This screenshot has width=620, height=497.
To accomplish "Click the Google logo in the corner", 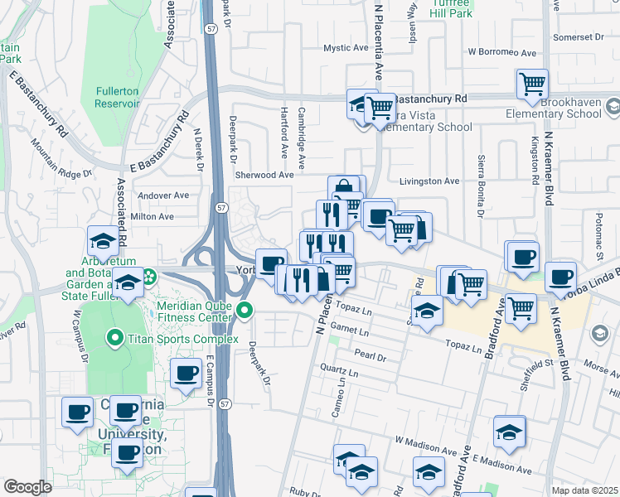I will point(27,487).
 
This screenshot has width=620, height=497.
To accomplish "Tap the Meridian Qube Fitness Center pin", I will point(245,311).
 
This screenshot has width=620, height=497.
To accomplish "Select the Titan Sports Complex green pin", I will point(114,338).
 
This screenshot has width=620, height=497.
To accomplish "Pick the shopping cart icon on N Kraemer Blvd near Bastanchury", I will point(532,83).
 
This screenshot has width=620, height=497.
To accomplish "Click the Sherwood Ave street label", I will point(264,175).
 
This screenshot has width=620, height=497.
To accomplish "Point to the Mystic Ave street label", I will point(346,48).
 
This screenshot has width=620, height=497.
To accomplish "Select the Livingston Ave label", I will point(429,181).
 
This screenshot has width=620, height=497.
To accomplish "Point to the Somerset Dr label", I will point(579,37).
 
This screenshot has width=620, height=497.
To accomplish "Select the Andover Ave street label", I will point(163,195).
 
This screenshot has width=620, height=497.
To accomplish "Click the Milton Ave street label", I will point(153,216).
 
